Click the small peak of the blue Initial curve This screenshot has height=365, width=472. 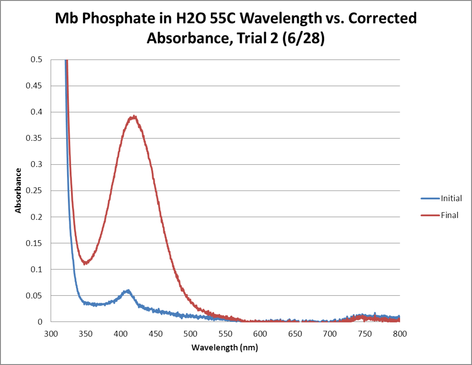[128, 291]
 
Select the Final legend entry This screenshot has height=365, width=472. [449, 216]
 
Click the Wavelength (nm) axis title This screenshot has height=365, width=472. [224, 347]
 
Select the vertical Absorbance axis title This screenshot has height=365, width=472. [18, 190]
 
